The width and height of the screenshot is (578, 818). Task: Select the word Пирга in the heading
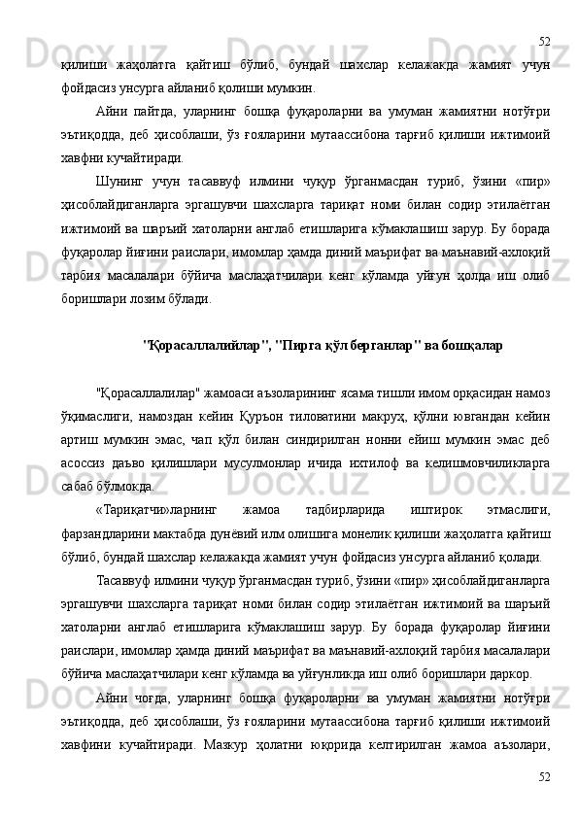pyautogui.click(x=297, y=347)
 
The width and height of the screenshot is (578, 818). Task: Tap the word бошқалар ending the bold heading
pyautogui.click(x=469, y=347)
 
